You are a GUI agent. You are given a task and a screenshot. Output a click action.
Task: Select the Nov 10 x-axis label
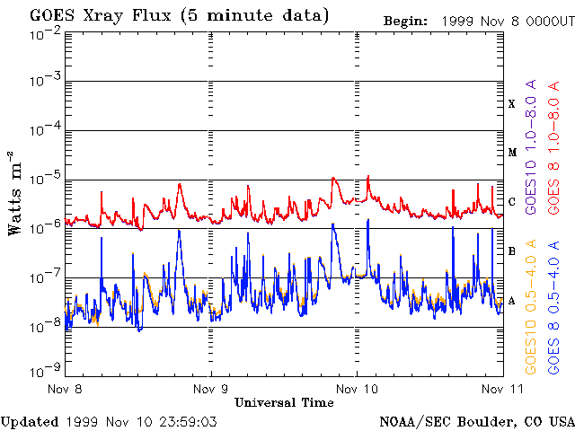tap(356, 390)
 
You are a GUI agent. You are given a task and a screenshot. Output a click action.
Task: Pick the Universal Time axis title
tap(284, 403)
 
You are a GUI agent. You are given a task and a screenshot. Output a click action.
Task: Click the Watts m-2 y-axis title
tap(16, 205)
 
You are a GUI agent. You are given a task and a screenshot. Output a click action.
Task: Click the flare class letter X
tap(512, 104)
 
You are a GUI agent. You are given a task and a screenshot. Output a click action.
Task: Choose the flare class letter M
tap(512, 153)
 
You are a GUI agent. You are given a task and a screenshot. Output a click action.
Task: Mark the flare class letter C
tap(512, 202)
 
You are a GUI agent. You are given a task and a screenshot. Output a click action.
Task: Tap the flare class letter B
tap(512, 251)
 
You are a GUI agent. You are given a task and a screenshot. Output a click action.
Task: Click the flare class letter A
tap(512, 301)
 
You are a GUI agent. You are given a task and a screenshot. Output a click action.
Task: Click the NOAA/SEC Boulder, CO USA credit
tap(477, 420)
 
